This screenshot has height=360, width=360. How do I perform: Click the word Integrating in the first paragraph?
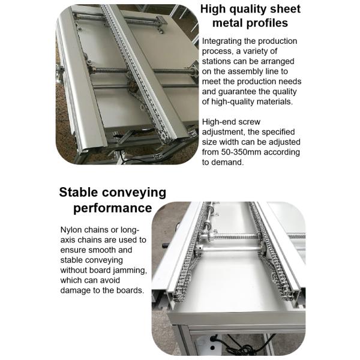point(223,41)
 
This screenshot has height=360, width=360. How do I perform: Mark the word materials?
point(270,102)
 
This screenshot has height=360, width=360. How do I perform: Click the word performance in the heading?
point(112,208)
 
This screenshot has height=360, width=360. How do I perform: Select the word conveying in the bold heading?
point(136,193)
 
